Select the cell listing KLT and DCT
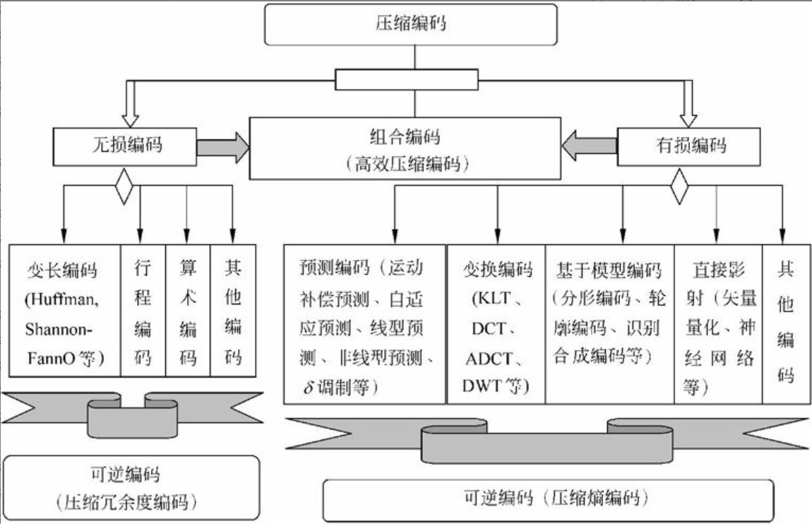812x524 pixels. tap(496, 323)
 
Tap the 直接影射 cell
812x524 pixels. tap(717, 323)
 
